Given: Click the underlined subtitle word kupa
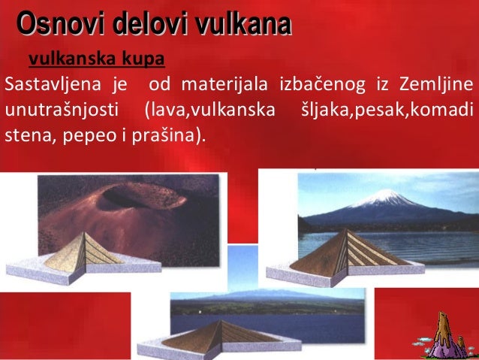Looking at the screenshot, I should click(146, 58).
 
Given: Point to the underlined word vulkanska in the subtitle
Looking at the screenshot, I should click(74, 58).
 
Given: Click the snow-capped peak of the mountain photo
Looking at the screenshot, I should click(389, 198).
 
